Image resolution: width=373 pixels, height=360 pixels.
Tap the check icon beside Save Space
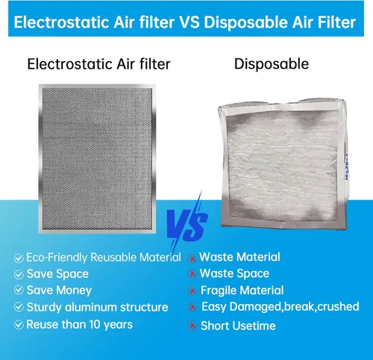pyautogui.click(x=18, y=274)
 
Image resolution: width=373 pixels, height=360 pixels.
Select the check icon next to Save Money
pyautogui.click(x=18, y=291)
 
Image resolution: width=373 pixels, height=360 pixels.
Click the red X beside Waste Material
pyautogui.click(x=192, y=258)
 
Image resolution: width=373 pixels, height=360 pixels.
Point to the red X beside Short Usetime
pyautogui.click(x=192, y=326)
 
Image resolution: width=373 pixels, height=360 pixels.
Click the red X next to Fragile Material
pyautogui.click(x=192, y=291)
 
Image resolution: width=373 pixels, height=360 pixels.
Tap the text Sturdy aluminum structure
pyautogui.click(x=97, y=307)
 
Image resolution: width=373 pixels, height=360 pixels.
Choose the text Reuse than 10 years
pyautogui.click(x=79, y=324)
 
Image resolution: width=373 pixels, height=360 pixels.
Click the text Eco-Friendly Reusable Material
pyautogui.click(x=103, y=258)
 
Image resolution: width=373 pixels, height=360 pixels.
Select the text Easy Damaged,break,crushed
pyautogui.click(x=280, y=307)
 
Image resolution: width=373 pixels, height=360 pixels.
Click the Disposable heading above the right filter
pyautogui.click(x=272, y=64)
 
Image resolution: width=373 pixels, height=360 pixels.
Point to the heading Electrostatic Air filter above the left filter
pyautogui.click(x=98, y=64)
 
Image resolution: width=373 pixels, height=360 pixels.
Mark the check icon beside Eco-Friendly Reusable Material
pyautogui.click(x=18, y=258)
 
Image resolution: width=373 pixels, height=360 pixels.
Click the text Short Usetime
pyautogui.click(x=238, y=326)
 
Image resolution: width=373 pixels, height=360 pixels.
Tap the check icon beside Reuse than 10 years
pyautogui.click(x=18, y=324)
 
